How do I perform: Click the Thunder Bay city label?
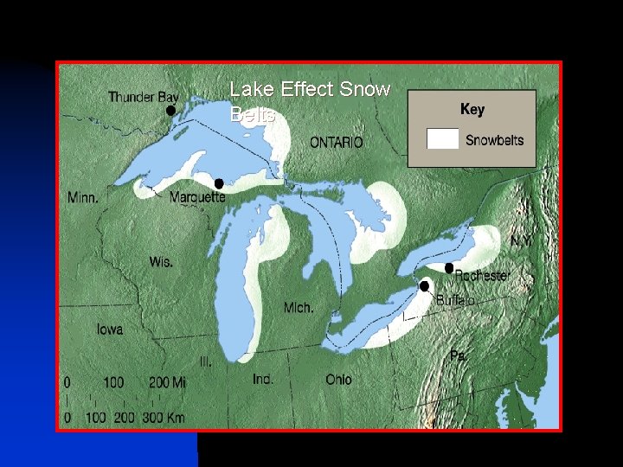tap(143, 98)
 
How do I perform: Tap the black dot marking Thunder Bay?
tap(170, 111)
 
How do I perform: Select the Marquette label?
tap(197, 197)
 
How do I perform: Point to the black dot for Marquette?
tap(219, 183)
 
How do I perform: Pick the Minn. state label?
tap(83, 197)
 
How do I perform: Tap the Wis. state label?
tap(161, 260)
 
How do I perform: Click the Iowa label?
tap(110, 329)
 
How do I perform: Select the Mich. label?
tap(299, 308)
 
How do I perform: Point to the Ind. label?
tap(263, 379)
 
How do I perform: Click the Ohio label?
tap(338, 379)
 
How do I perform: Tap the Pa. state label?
tap(459, 355)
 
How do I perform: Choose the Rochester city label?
tap(482, 275)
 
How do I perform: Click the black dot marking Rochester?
tap(449, 268)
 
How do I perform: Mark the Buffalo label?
tap(456, 300)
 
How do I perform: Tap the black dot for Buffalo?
tap(424, 286)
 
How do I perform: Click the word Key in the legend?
tap(472, 109)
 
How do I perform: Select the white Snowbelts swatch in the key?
tap(443, 139)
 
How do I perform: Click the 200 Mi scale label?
tap(166, 382)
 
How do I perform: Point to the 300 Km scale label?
tap(164, 417)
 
